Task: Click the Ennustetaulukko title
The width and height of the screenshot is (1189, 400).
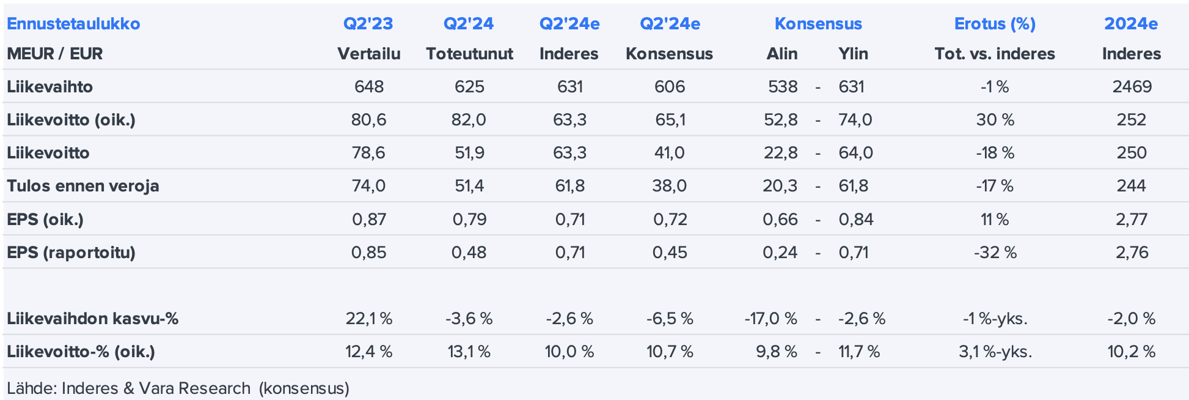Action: [x=73, y=24]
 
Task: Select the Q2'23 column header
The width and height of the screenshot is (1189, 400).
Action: [x=368, y=24]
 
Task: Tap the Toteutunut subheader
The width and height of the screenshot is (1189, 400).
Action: [x=469, y=54]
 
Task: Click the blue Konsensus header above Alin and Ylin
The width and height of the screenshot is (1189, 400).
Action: [x=818, y=24]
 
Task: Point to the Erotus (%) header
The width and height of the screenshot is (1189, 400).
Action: [x=995, y=24]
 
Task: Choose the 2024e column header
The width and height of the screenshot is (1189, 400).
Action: [x=1131, y=24]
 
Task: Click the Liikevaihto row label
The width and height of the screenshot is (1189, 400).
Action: [x=49, y=87]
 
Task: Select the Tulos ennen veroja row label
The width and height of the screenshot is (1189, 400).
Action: [x=82, y=186]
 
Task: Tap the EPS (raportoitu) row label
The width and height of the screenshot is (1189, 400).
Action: [x=71, y=252]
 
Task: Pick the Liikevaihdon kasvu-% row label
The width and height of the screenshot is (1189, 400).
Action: [x=92, y=319]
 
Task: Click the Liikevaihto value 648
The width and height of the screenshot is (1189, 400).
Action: [x=368, y=87]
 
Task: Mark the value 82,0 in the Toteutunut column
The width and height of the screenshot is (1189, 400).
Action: [x=469, y=120]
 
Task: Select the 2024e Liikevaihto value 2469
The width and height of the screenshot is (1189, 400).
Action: [x=1132, y=87]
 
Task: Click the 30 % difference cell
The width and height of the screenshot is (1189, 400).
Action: [x=995, y=120]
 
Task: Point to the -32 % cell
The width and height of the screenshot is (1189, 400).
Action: [x=995, y=252]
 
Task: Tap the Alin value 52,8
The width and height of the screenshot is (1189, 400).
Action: [x=780, y=120]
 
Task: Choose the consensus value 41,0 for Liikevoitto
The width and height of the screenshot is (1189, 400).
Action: [x=669, y=153]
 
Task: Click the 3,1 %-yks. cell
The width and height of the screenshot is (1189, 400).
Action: [x=995, y=352]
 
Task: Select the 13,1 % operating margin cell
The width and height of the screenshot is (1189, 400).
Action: [x=469, y=352]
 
